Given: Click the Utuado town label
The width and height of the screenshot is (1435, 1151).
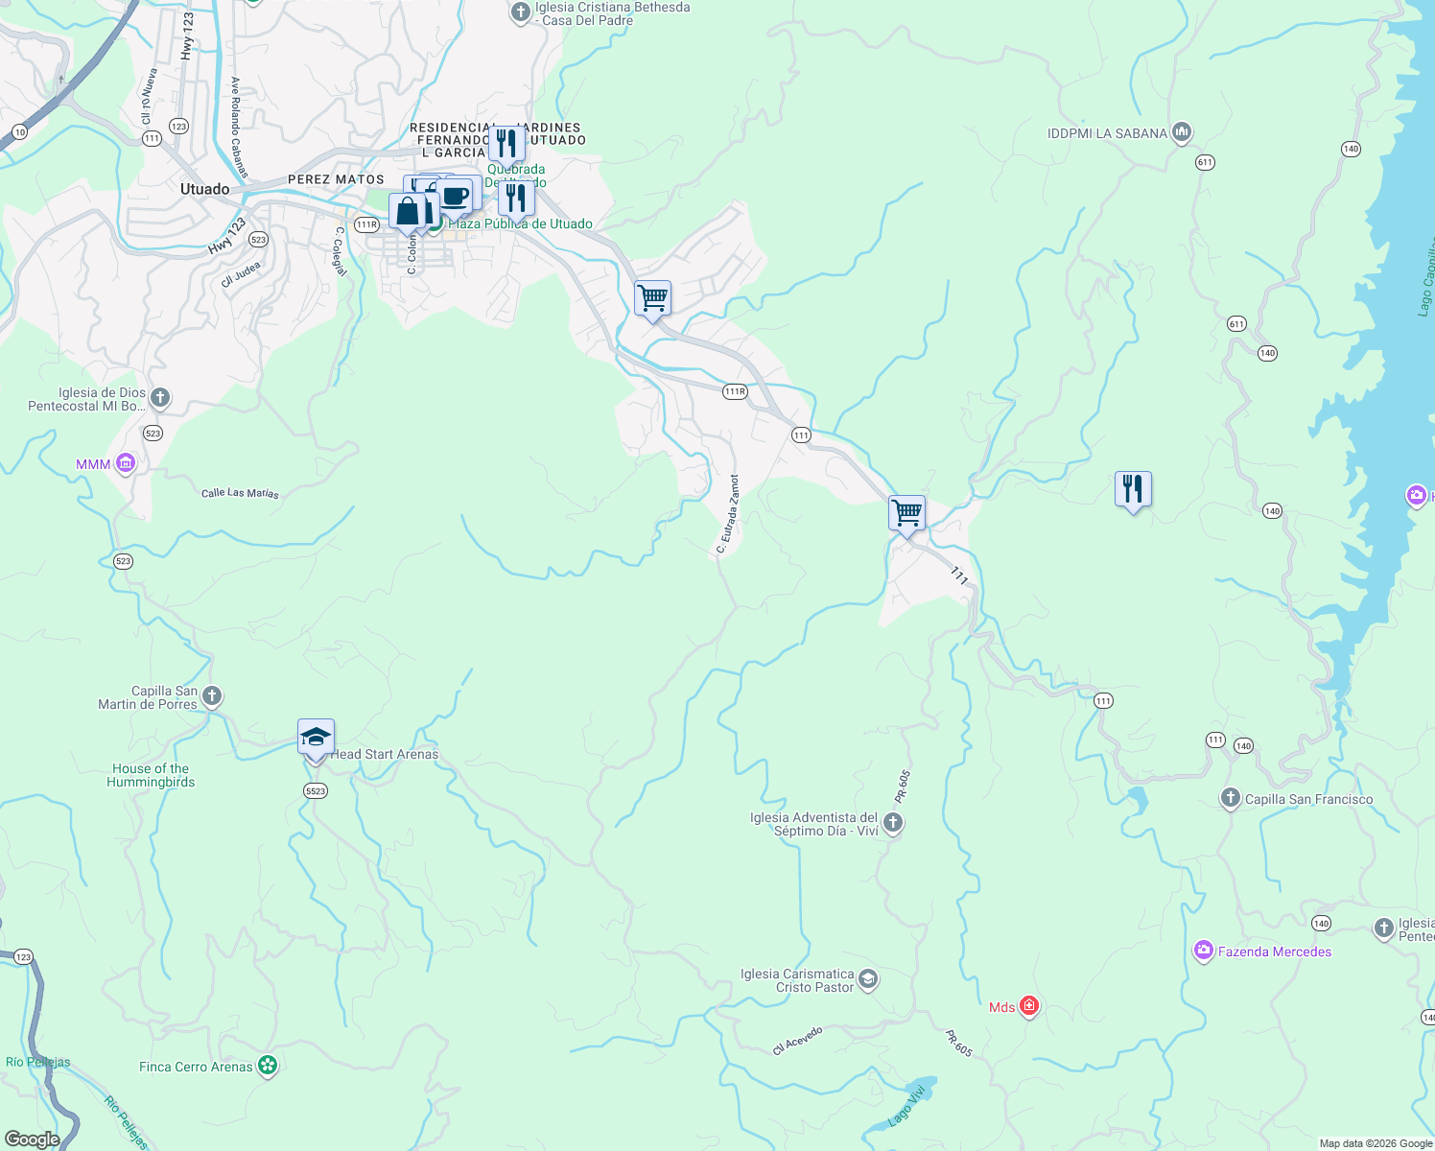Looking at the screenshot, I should [x=204, y=189].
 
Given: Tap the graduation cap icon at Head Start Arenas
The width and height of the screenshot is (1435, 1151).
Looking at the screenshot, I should [x=316, y=738].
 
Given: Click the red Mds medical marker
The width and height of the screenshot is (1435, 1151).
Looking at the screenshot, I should [x=1029, y=1006].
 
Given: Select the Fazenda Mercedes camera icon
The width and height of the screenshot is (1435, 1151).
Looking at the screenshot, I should [x=1203, y=951].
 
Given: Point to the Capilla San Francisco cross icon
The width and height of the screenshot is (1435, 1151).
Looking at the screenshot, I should [x=1230, y=798].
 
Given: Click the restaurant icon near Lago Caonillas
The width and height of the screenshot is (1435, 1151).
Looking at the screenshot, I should [x=1133, y=489].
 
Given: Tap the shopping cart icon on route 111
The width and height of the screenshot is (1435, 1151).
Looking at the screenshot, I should [x=906, y=512].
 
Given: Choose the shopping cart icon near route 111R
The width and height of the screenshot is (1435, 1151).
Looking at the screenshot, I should [x=652, y=298].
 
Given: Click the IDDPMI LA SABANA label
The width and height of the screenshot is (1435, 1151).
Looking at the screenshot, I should [x=1107, y=133].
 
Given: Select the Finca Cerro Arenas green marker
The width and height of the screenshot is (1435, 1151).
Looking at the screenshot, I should [x=268, y=1066].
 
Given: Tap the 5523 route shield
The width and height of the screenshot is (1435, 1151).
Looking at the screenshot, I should [x=316, y=790].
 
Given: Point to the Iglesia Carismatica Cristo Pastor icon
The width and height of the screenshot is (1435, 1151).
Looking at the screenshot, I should [x=868, y=979].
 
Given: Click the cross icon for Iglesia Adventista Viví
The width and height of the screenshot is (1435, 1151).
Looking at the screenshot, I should [x=892, y=823].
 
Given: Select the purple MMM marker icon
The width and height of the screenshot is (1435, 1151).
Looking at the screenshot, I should [x=126, y=463].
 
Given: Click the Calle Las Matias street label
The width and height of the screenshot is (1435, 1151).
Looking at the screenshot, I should [x=240, y=493].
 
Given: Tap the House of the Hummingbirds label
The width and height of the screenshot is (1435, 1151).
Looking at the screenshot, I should [x=151, y=775].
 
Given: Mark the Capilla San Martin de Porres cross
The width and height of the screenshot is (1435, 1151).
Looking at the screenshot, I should [x=212, y=696].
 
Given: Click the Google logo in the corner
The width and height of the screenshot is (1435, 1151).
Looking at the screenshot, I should [x=32, y=1139].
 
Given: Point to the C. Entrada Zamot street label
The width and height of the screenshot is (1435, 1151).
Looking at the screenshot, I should [x=728, y=515].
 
